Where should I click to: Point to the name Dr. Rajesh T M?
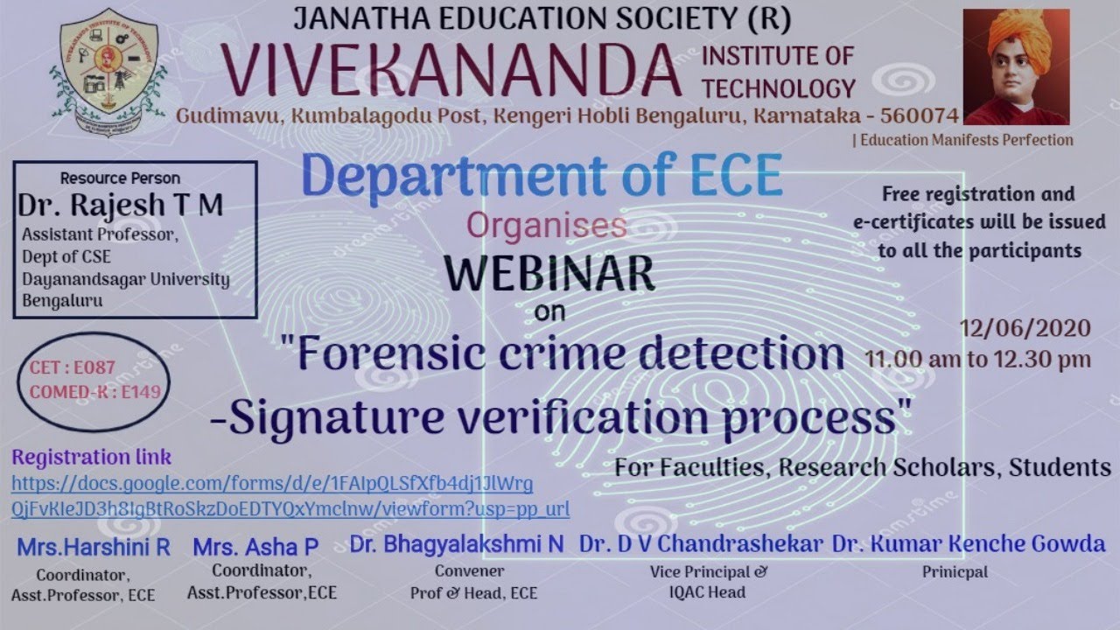point(121,206)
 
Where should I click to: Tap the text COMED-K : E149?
point(95,392)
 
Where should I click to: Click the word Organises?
point(547,226)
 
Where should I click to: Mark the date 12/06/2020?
point(1025,329)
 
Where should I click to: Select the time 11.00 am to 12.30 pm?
point(977,359)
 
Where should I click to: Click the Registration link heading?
point(92,457)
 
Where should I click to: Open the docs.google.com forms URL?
point(272,484)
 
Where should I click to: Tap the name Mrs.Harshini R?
point(94,548)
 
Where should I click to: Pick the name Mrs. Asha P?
point(255,548)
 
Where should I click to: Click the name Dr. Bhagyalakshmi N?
point(457,544)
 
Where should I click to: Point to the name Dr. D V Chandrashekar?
point(701,544)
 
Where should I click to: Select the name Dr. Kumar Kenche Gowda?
point(969,544)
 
